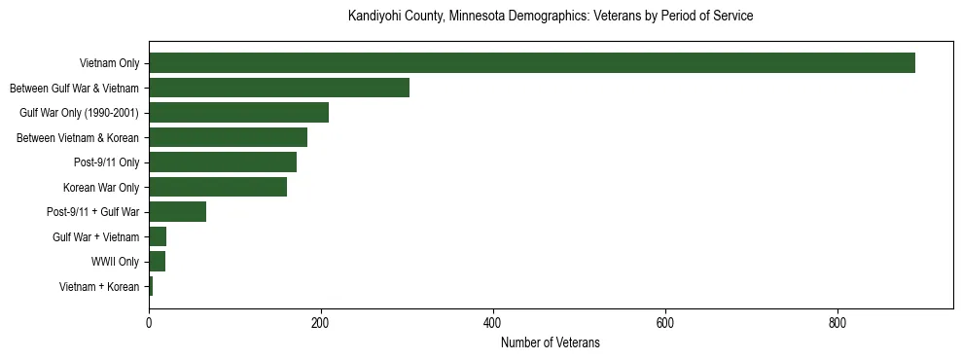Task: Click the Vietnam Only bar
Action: point(532,63)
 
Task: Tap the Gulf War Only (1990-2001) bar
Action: point(238,113)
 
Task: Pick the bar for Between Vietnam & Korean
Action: point(228,137)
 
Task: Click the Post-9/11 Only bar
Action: point(223,162)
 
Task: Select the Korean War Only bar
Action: point(218,187)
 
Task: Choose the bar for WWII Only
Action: point(158,262)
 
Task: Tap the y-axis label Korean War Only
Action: point(101,187)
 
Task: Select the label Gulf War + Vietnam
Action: point(95,236)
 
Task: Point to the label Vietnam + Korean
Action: point(99,286)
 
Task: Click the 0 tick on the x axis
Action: point(149,323)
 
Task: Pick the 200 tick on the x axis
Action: point(321,323)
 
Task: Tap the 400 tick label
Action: point(493,323)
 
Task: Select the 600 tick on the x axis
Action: point(665,323)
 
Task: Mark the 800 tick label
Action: point(837,323)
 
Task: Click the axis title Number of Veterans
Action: point(551,342)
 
